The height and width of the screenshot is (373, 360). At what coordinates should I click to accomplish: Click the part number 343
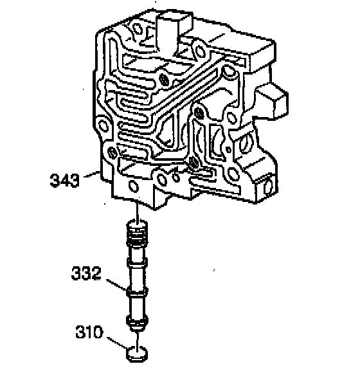coord(64,180)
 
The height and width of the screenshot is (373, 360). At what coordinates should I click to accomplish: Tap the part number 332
coord(86,273)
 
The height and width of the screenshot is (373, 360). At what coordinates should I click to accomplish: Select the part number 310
coord(89,332)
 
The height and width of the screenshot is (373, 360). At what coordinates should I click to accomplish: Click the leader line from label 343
coord(92,174)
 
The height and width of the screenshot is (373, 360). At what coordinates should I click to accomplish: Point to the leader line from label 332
coord(116,284)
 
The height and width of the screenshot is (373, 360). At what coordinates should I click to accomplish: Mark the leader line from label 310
coord(118,342)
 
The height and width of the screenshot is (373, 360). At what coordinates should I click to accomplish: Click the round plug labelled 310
coord(136,354)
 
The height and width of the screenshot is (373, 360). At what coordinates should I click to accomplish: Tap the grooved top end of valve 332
coord(137,232)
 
